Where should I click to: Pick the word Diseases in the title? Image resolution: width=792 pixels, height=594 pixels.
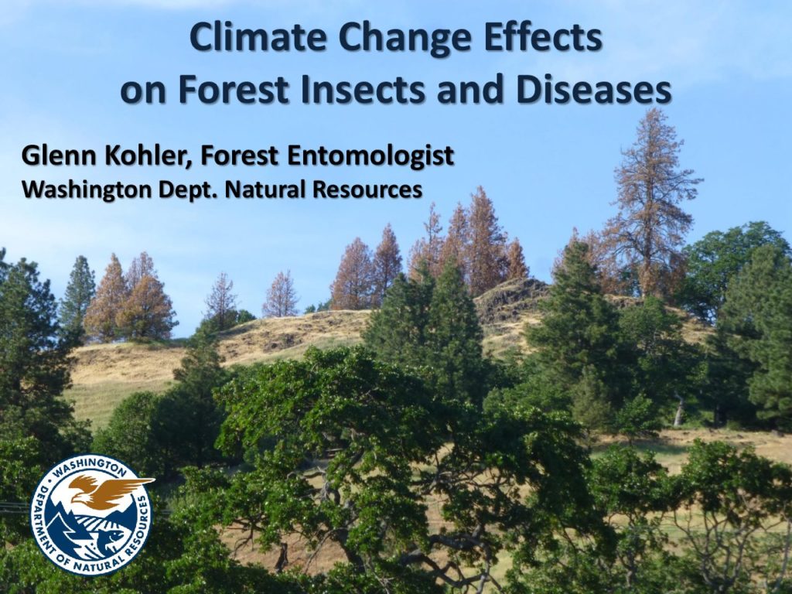coord(593,89)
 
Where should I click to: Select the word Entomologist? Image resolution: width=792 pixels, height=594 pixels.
coord(370,156)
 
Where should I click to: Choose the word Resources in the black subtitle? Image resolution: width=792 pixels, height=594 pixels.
coord(367,189)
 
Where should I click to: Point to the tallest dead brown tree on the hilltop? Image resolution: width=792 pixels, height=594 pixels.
coord(650,202)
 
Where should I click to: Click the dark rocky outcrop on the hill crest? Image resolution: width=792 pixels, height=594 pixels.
coord(510,298)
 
